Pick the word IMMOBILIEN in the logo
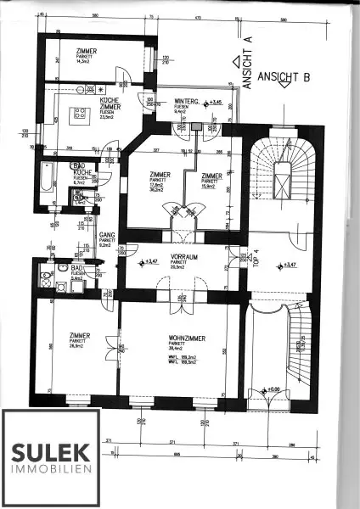tap(51, 469)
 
